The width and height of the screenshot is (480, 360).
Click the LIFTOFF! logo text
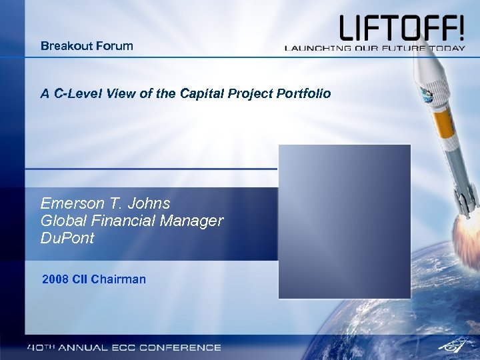[x=401, y=28]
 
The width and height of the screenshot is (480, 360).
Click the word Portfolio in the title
[x=303, y=93]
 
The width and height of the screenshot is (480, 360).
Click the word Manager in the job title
[x=192, y=221]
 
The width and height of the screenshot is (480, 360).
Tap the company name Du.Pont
[x=67, y=238]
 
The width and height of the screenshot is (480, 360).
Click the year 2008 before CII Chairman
[x=55, y=279]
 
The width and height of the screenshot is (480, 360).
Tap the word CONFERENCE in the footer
[x=180, y=347]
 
